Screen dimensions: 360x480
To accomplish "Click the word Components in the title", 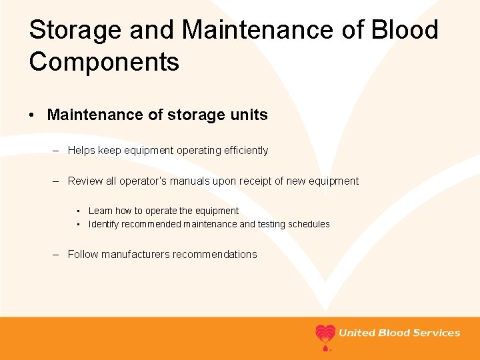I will [x=104, y=62].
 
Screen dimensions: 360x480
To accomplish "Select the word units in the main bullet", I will [x=248, y=115].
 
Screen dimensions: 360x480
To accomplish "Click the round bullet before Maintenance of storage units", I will [x=33, y=115].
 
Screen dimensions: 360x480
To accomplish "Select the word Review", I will [x=84, y=181].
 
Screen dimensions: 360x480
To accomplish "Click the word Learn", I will [x=100, y=211].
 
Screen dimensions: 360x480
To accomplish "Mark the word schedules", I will [x=309, y=224].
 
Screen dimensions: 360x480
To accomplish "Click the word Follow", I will [x=83, y=254].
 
